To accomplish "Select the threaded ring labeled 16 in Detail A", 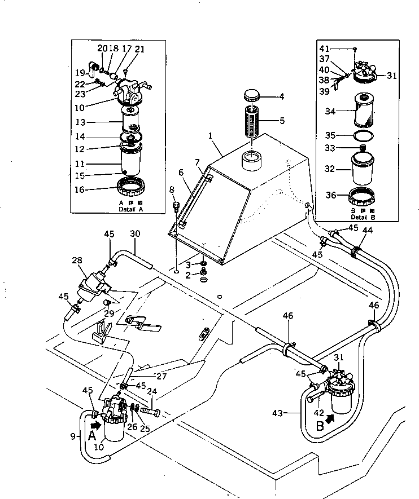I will [132, 184].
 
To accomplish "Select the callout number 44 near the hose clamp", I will [368, 230].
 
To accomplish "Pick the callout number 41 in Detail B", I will [324, 48].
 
